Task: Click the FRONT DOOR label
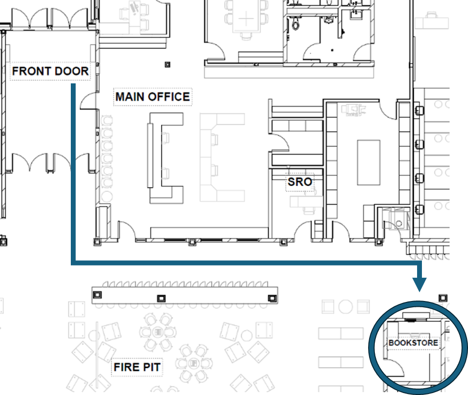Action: pos(50,72)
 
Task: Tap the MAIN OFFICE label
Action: pos(152,97)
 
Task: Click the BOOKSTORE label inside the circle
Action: pos(413,343)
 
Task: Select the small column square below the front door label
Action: pos(3,240)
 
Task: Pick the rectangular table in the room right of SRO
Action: pos(369,162)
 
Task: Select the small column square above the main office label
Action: pos(168,64)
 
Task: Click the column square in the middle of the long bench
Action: pos(161,298)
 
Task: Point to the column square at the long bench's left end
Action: pos(97,295)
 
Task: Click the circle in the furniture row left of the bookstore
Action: pos(345,306)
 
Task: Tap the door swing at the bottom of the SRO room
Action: pos(303,230)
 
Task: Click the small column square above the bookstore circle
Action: pos(442,297)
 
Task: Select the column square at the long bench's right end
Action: pos(271,298)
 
